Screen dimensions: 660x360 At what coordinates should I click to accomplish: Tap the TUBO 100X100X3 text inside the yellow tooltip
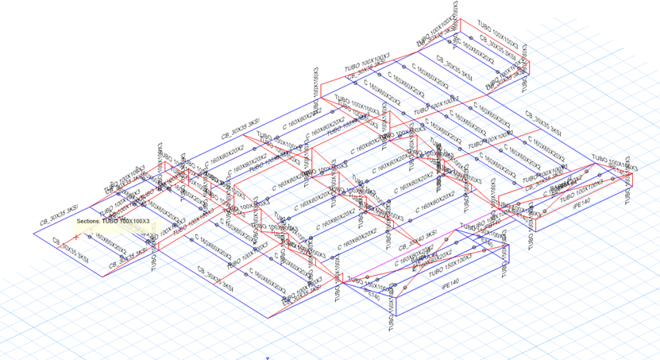[125, 221]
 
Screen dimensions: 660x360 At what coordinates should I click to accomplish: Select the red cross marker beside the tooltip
[76, 237]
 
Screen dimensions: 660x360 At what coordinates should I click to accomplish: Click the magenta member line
[445, 231]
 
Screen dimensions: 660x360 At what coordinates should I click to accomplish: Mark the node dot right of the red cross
[90, 236]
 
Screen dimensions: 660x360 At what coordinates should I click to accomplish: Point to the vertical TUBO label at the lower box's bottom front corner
[392, 315]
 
